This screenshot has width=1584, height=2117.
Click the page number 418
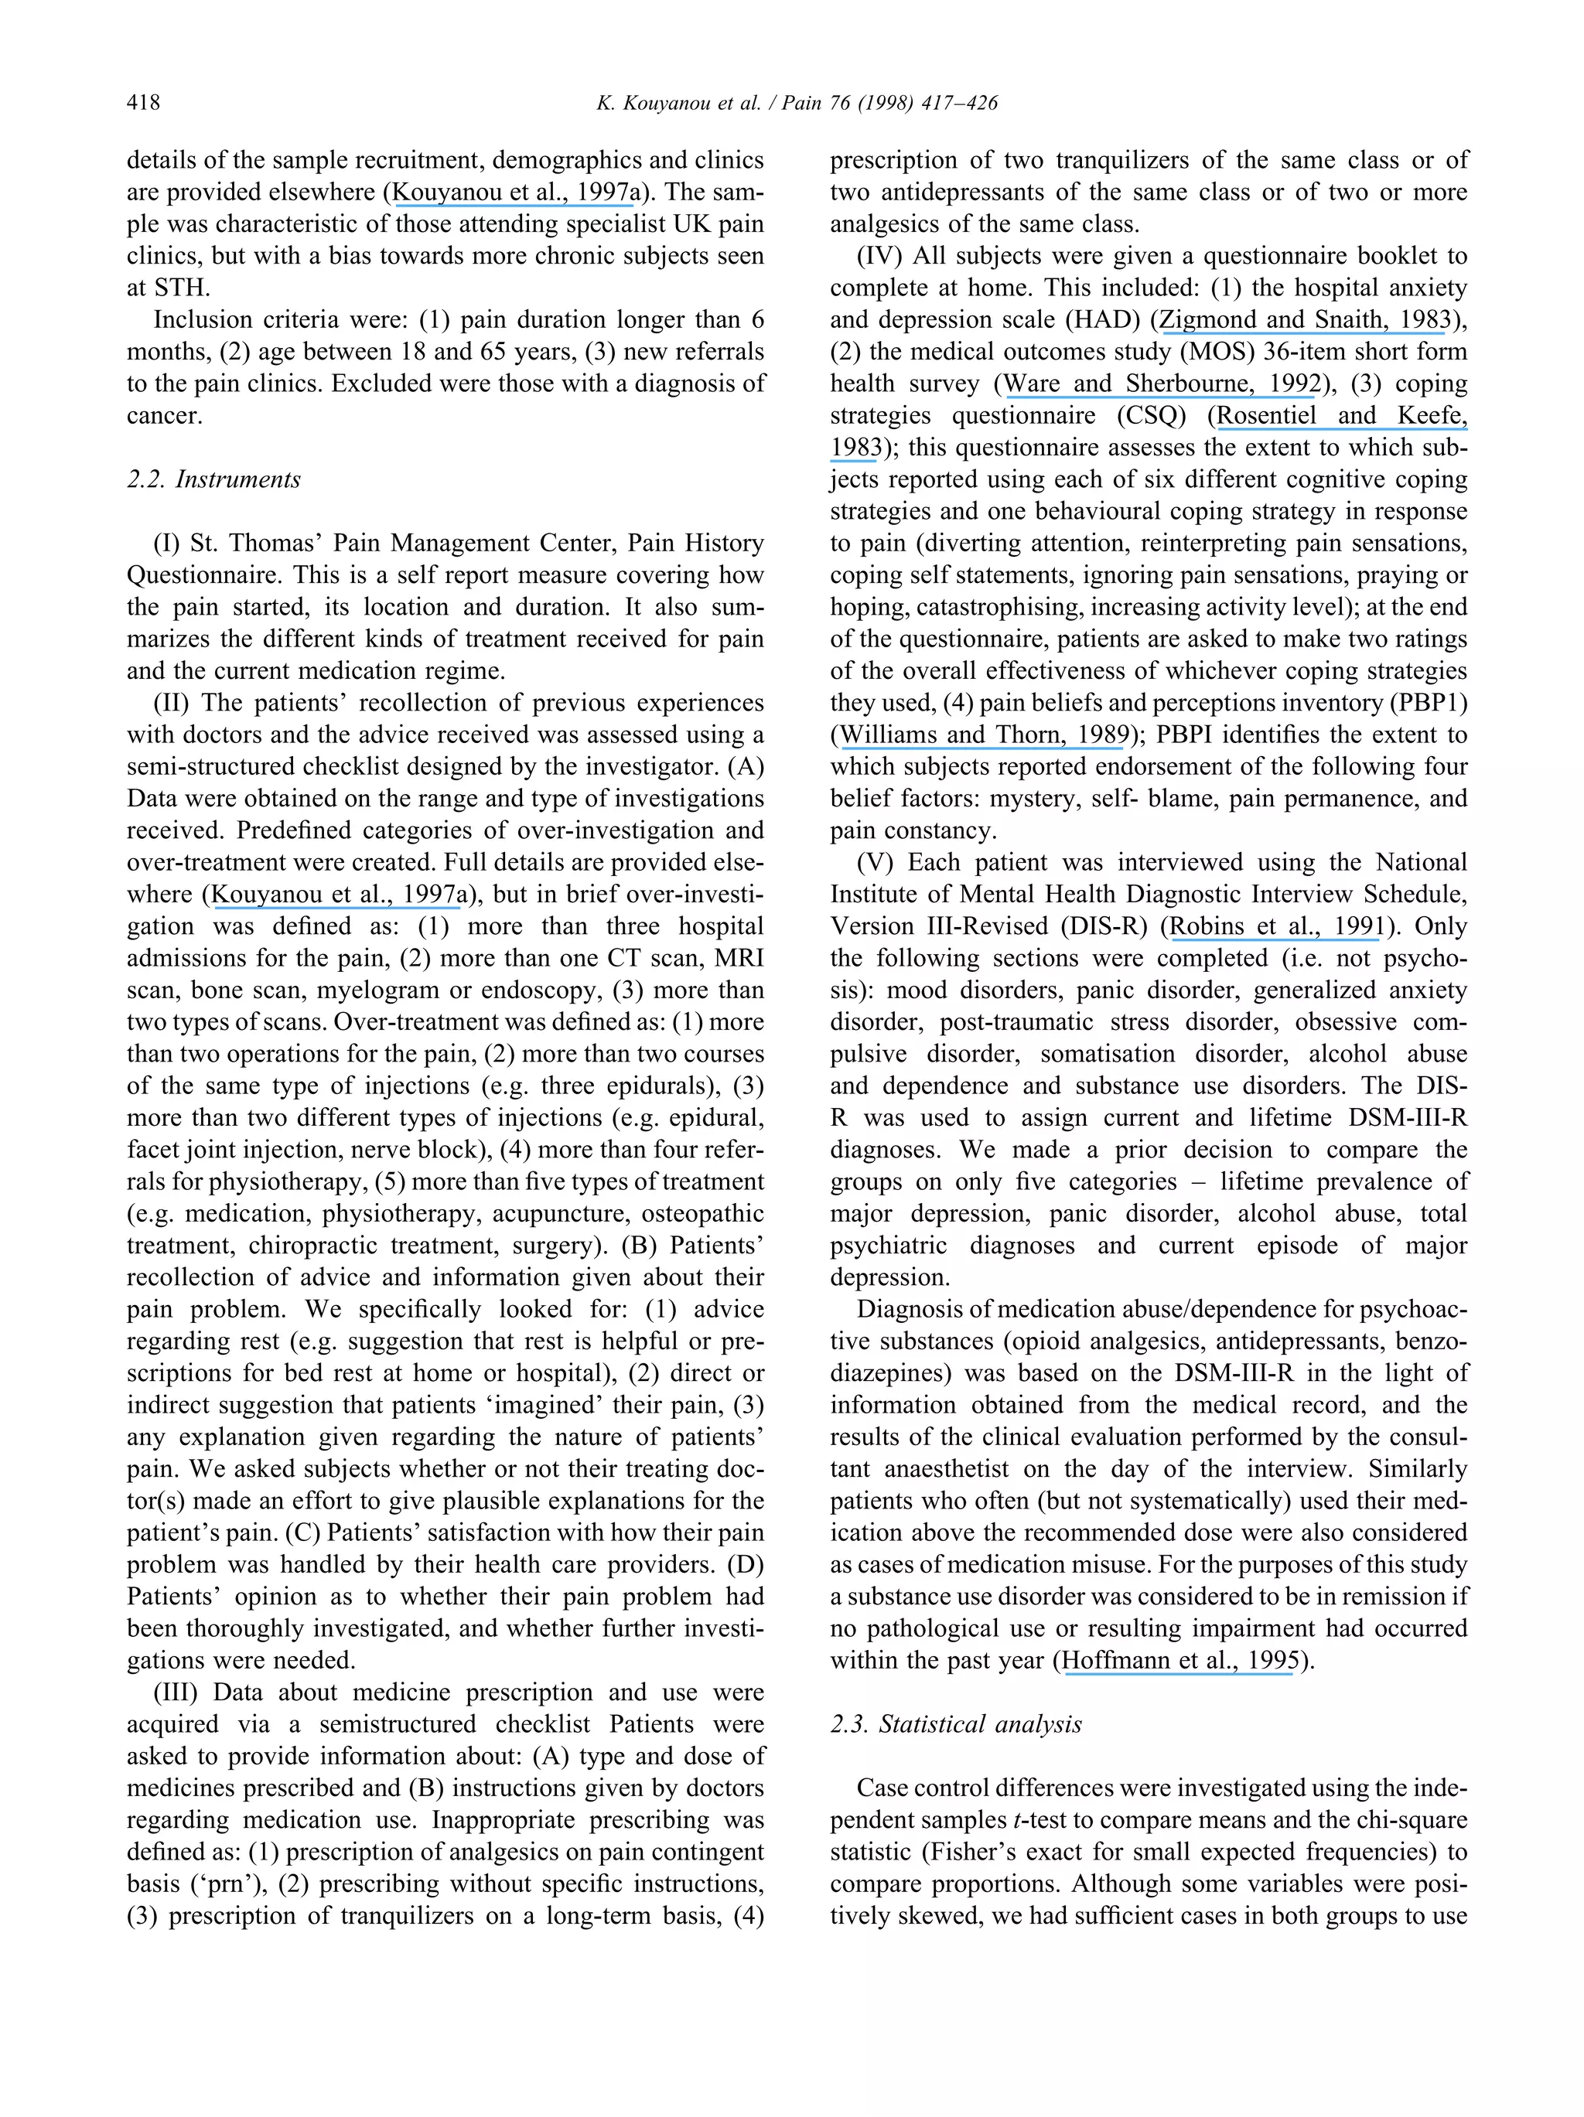click(144, 102)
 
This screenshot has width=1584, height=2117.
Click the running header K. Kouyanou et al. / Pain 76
click(797, 102)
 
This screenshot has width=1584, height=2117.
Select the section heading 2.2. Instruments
click(213, 479)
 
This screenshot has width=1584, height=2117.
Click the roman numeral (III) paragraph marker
click(175, 1692)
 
